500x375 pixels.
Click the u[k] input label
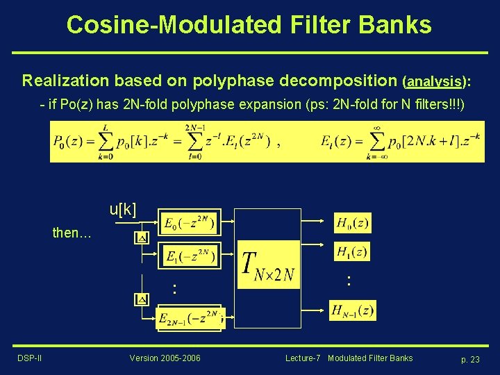123,209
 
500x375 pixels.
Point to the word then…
72,233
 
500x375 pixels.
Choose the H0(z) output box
352,223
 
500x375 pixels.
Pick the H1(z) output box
352,251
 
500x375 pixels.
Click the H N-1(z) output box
353,310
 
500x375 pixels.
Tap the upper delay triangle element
141,237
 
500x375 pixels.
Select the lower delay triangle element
141,299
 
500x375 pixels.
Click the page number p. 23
470,359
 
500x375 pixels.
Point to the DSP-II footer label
29,358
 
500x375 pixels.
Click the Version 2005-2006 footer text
165,358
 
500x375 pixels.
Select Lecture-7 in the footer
303,358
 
